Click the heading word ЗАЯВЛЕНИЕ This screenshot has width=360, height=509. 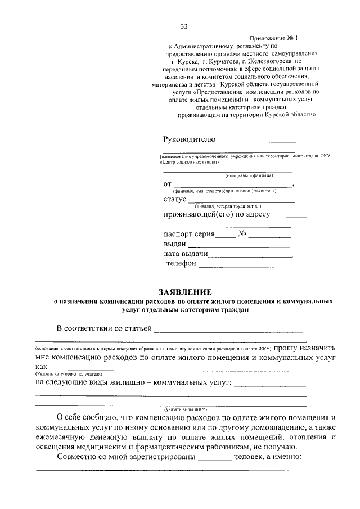pos(184,292)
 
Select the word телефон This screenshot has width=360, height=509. pos(181,263)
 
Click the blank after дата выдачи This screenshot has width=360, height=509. pos(251,256)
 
